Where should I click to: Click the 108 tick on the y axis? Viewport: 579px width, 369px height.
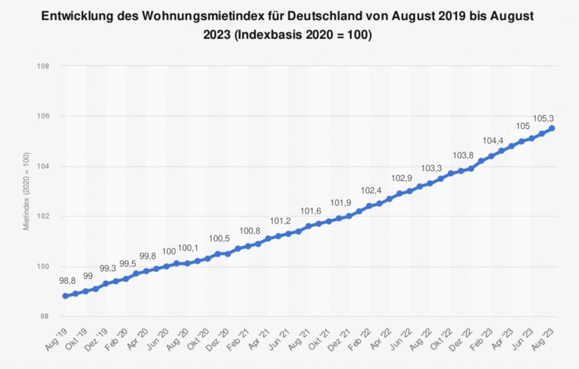(x=44, y=66)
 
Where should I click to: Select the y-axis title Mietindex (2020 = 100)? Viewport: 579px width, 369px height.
(x=27, y=191)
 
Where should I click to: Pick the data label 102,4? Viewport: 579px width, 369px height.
(x=370, y=190)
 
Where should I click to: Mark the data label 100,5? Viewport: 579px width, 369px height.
(x=219, y=238)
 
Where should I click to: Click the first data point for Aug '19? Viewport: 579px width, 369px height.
(x=66, y=296)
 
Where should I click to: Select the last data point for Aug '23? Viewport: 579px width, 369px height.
(x=551, y=128)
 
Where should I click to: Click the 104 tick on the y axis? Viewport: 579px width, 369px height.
(x=44, y=166)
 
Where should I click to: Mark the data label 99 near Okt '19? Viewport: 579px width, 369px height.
(x=88, y=276)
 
